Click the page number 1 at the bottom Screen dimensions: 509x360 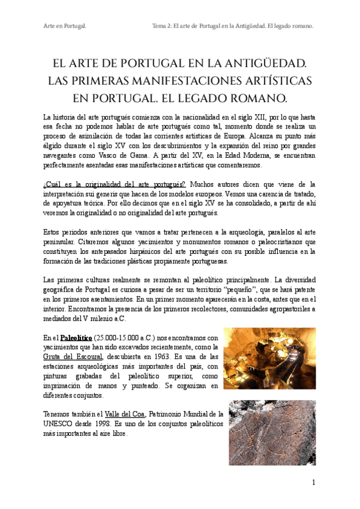[x=313, y=483]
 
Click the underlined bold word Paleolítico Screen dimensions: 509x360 [x=78, y=338]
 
